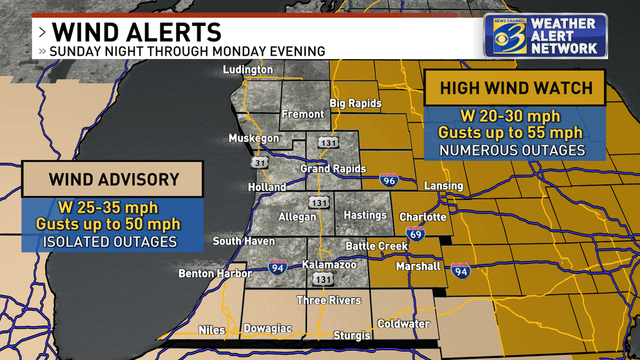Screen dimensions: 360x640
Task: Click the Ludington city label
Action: (248, 70)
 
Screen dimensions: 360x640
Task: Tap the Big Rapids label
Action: (356, 104)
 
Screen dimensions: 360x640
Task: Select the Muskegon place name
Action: (254, 138)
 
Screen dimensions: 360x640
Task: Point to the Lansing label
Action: (443, 186)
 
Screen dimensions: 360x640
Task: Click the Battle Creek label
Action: (376, 246)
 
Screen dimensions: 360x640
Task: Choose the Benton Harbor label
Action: (215, 274)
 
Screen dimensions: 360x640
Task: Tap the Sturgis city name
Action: (352, 335)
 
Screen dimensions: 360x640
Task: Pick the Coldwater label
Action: (404, 324)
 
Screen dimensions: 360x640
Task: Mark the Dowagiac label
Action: (267, 329)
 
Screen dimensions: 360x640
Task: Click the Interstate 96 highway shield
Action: (389, 180)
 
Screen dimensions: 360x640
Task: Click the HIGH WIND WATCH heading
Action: (516, 88)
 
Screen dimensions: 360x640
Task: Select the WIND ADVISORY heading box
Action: (114, 179)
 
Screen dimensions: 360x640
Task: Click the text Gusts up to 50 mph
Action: (108, 225)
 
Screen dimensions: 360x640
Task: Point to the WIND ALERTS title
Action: (136, 31)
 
